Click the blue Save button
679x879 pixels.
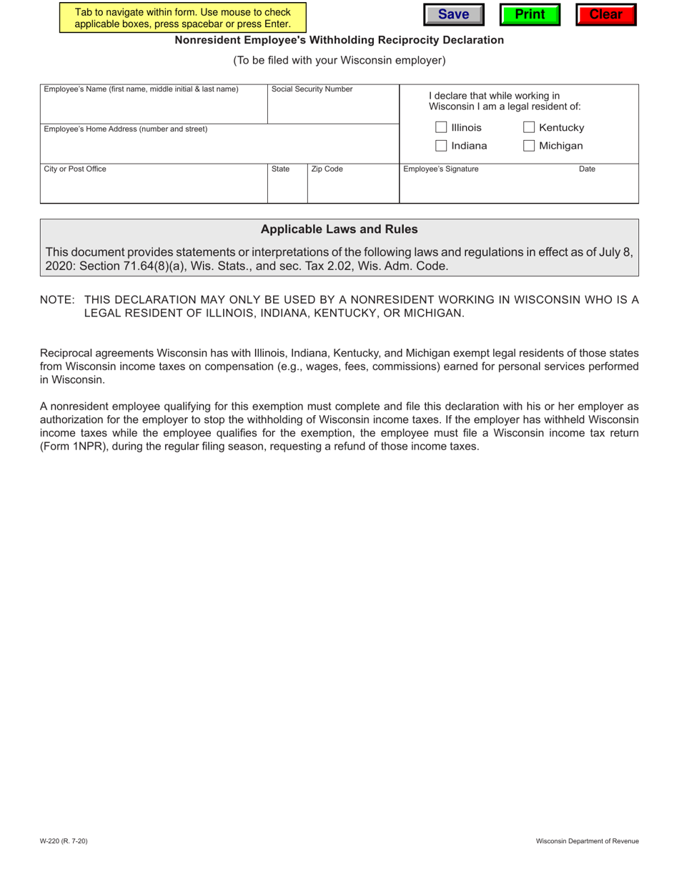(453, 14)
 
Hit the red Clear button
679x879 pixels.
(605, 14)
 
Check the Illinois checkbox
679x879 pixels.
(441, 128)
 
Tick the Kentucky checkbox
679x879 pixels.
(530, 128)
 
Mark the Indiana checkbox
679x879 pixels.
(441, 146)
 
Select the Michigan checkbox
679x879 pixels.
(530, 146)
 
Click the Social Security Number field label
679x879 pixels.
(312, 89)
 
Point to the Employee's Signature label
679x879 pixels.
(441, 169)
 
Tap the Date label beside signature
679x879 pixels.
(587, 169)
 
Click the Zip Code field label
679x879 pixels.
(327, 169)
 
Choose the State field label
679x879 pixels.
(280, 169)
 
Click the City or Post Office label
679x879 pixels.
(75, 169)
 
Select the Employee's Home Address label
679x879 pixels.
(126, 129)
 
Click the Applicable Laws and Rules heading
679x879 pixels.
(339, 229)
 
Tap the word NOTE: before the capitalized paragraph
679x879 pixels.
(57, 299)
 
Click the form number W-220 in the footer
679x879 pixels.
(64, 841)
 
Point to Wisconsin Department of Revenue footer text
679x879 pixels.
(588, 841)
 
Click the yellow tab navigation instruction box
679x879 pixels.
(182, 18)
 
